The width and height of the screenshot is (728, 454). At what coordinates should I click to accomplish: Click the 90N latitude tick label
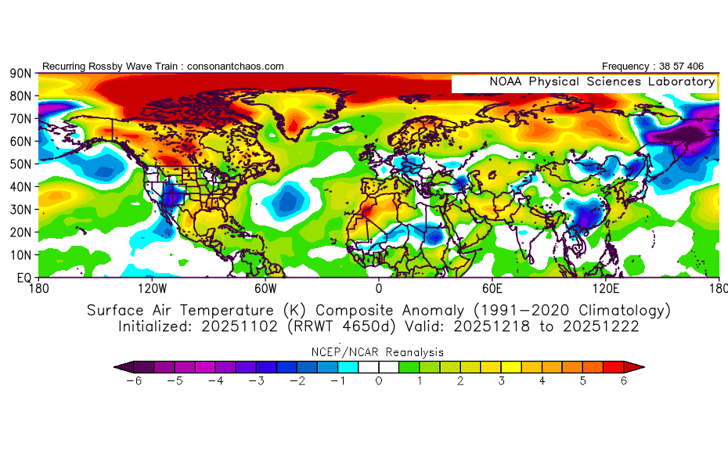click(x=20, y=74)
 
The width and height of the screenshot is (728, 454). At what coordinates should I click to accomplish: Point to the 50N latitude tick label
click(x=20, y=164)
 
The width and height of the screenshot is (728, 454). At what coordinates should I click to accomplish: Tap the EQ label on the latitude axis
click(x=23, y=278)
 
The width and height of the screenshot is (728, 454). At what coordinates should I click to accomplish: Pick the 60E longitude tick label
click(x=492, y=288)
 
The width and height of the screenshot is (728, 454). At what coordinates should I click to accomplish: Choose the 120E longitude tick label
click(x=607, y=288)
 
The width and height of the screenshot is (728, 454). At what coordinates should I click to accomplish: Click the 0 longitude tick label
click(x=379, y=288)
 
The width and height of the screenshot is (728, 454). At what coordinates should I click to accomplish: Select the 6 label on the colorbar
click(x=624, y=381)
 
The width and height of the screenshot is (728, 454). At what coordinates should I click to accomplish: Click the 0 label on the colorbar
click(x=379, y=381)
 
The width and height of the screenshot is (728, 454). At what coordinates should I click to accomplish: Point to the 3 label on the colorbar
click(x=502, y=381)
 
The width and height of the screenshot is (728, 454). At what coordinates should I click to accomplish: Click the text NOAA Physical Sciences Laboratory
click(x=602, y=81)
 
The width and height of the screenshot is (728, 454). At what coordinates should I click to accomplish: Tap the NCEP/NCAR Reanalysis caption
click(x=379, y=352)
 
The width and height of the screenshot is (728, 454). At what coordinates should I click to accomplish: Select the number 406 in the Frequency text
click(x=705, y=67)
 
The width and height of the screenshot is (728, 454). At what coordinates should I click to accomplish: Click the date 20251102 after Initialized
click(x=225, y=326)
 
